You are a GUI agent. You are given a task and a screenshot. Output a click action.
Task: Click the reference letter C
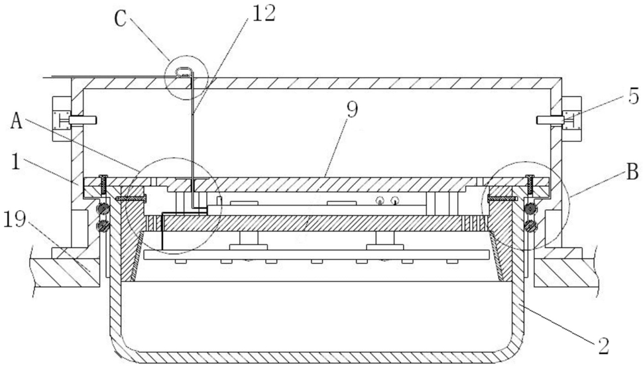click(x=120, y=19)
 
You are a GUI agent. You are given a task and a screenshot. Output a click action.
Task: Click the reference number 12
click(x=264, y=13)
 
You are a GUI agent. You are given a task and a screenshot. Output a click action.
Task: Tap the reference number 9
click(x=352, y=110)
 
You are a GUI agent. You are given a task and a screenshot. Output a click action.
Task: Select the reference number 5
click(x=634, y=97)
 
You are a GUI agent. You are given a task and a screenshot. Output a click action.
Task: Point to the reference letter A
click(x=17, y=121)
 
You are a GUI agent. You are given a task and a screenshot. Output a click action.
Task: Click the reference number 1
click(x=16, y=162)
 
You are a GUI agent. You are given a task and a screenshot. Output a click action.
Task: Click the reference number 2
click(x=603, y=347)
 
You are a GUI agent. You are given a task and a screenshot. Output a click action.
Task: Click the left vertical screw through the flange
click(x=103, y=184)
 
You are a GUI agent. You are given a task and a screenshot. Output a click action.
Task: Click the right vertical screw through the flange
click(x=530, y=184)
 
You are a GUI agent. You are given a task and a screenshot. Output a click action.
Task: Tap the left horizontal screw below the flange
click(x=131, y=198)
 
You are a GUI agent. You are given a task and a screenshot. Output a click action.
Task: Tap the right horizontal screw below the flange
click(x=502, y=198)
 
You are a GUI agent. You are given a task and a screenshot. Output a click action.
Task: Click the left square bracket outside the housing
click(x=62, y=119)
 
